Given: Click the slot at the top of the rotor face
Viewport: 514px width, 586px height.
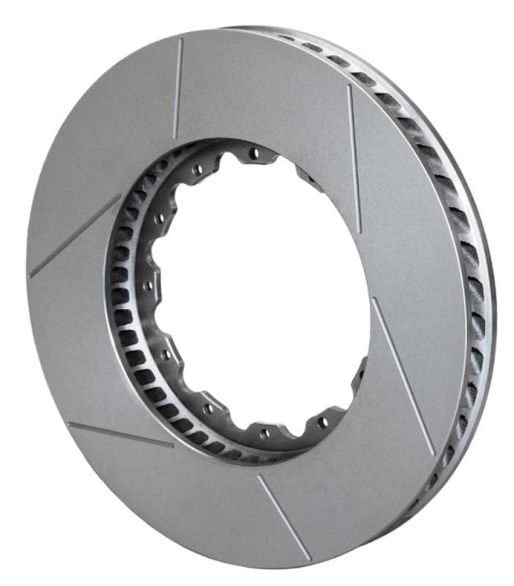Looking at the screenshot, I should [177, 88].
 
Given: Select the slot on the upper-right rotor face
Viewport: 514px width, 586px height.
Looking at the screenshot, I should [354, 158].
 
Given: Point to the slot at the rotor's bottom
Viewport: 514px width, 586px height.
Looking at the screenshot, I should [283, 516].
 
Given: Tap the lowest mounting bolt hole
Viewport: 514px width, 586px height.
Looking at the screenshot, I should [264, 434].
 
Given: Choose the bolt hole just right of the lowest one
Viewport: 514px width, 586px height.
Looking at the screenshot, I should [322, 422].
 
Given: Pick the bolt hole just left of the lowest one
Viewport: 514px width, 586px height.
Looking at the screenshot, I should [209, 408].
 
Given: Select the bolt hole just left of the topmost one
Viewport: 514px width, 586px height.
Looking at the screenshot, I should [197, 170].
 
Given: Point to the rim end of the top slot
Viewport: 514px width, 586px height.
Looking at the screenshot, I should [180, 41].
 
